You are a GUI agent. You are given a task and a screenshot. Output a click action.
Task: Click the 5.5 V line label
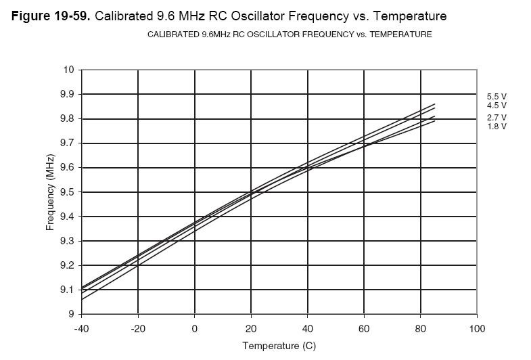tap(497, 97)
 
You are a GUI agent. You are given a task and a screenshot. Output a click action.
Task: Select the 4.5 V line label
tap(497, 106)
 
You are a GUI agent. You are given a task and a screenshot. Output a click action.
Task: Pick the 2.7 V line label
tap(497, 118)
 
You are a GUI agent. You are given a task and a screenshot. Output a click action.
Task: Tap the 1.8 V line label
tap(497, 127)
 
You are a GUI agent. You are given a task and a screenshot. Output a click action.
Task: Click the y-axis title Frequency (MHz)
tap(50, 192)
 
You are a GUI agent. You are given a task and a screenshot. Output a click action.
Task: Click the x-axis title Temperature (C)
tap(279, 346)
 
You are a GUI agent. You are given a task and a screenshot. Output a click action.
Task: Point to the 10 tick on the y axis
tap(69, 70)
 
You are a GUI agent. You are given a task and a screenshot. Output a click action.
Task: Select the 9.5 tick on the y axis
tap(68, 192)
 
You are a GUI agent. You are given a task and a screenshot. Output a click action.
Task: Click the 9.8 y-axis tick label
tap(68, 118)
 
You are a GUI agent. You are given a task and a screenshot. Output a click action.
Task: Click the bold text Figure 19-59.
tap(51, 15)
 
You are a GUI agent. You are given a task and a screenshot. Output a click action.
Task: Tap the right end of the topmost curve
tap(434, 104)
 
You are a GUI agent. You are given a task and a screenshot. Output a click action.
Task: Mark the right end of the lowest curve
tap(434, 121)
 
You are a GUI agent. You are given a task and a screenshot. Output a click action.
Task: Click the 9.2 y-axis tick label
tap(68, 265)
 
